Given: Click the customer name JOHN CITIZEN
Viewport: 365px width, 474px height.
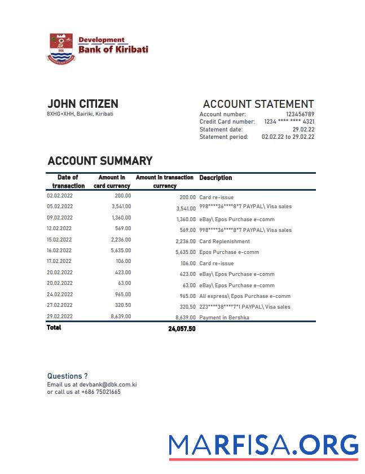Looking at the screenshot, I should [x=83, y=104].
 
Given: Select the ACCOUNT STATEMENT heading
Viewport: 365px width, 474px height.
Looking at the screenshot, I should [x=258, y=104].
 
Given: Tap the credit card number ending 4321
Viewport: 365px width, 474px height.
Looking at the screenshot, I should [x=289, y=122].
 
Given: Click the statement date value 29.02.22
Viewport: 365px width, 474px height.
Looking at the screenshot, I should [x=303, y=129].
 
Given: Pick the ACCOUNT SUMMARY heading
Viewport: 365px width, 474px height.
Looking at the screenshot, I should [x=100, y=161].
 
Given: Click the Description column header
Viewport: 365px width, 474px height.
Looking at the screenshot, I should [x=216, y=178].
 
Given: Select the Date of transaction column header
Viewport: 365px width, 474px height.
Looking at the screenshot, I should [x=68, y=181].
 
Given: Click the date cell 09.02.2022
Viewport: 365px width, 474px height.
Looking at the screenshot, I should [x=60, y=218].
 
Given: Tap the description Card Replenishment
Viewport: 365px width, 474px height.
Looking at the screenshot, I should [x=224, y=242].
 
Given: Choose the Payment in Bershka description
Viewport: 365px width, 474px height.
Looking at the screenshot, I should [x=224, y=318].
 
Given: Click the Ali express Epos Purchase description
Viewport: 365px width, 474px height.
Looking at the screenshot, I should [x=245, y=296].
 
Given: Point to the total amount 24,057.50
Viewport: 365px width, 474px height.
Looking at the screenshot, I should [x=182, y=329].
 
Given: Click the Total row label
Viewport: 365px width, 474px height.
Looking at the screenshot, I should [x=54, y=328].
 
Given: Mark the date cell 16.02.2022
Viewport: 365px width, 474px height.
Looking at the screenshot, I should [x=60, y=251].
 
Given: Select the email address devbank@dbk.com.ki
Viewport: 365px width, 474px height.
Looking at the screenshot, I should [x=108, y=385].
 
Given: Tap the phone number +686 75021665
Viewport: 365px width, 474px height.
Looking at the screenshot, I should [x=100, y=392].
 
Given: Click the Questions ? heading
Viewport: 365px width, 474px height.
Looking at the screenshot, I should [x=67, y=376].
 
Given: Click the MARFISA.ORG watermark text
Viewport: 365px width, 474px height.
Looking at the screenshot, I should [x=263, y=446].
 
